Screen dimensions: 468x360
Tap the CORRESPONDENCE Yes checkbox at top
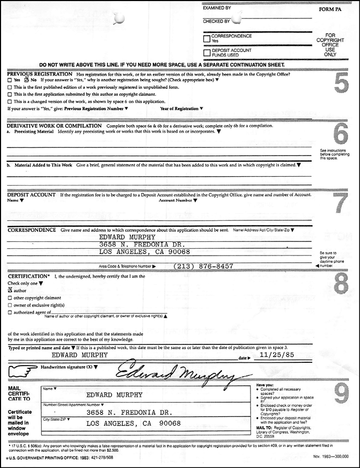pyautogui.click(x=206, y=38)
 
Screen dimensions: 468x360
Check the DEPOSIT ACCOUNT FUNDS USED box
pyautogui.click(x=206, y=53)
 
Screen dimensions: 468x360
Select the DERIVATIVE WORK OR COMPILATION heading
pyautogui.click(x=54, y=126)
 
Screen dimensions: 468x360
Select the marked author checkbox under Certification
pyautogui.click(x=10, y=290)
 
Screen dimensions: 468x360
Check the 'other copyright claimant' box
pyautogui.click(x=10, y=298)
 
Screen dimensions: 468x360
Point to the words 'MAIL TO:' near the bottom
pyautogui.click(x=265, y=428)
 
